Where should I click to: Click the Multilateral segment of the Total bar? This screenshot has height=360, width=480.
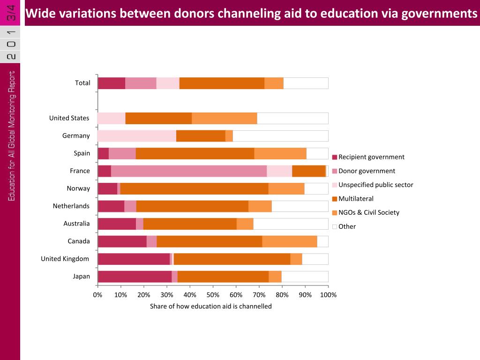pos(222,83)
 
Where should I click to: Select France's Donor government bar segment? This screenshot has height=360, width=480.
pos(189,171)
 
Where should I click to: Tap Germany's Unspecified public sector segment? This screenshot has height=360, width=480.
pos(136,136)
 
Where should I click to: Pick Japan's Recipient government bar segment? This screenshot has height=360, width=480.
pos(135,277)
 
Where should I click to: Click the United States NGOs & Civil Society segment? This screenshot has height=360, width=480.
pos(225,118)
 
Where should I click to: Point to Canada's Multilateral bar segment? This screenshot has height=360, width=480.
pos(209,241)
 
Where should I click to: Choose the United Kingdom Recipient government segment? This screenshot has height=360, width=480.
pos(134,259)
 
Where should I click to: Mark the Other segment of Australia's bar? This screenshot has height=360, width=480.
pos(291,224)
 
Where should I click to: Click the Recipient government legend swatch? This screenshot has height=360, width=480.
pos(335,157)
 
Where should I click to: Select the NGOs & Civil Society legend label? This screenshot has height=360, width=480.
pos(369,212)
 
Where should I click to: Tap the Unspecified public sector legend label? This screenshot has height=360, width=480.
pos(375,185)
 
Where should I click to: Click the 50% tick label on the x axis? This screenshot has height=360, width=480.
pos(213,295)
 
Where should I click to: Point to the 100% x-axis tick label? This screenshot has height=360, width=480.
pos(328,295)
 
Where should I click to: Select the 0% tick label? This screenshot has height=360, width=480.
pos(97,295)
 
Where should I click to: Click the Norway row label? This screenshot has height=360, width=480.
pos(78,188)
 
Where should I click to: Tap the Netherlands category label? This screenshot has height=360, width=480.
pos(71,206)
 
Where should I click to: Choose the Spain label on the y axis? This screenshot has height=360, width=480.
pos(82,153)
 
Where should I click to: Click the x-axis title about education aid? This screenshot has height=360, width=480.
pos(210,306)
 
